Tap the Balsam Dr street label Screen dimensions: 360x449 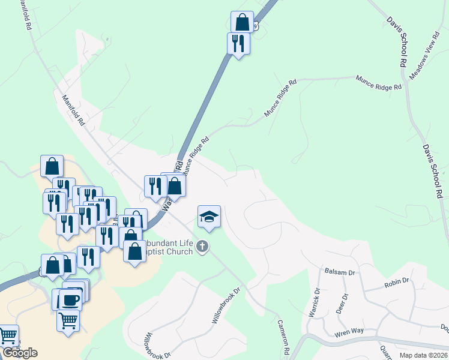(x=336, y=271)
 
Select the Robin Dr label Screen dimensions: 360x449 (x=397, y=280)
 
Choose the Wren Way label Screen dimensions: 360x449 (x=350, y=331)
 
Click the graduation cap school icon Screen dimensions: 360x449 (x=209, y=217)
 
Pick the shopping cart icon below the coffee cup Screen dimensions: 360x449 (x=68, y=320)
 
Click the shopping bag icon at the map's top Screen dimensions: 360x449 (x=242, y=22)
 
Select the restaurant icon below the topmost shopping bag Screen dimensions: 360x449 (x=238, y=43)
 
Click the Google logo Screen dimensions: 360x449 (x=20, y=353)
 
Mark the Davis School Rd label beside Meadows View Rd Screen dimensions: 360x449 (x=397, y=39)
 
